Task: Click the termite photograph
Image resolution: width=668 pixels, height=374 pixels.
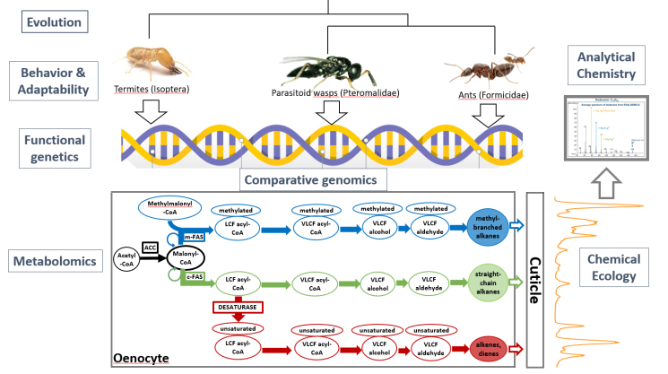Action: click(x=153, y=64)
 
